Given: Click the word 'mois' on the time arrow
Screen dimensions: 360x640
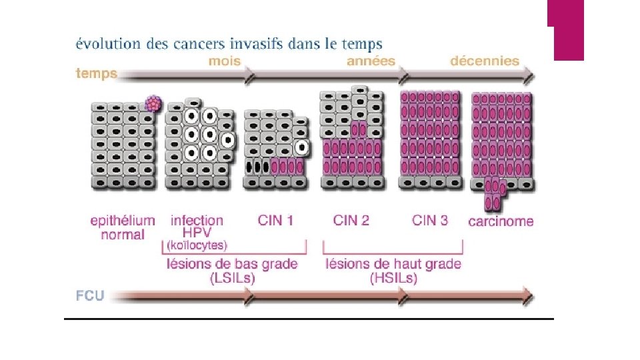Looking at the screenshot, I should point(224,61).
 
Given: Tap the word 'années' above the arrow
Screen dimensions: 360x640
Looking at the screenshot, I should point(371,61).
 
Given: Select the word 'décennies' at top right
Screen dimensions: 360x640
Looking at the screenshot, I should point(485,61).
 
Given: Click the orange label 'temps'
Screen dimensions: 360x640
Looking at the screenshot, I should point(97,74).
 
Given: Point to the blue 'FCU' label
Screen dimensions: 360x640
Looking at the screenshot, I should point(90,295).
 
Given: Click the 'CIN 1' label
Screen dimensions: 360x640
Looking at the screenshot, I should point(275,220).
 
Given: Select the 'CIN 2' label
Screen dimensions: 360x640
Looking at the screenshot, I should point(351,220).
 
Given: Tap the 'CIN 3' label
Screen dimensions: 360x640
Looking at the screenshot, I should point(430,220).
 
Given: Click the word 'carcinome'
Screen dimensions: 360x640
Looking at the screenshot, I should point(501,221).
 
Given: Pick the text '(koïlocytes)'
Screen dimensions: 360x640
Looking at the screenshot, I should point(196,245).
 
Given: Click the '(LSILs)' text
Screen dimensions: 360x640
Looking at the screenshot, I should point(231,279).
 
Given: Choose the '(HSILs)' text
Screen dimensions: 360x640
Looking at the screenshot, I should point(393,279).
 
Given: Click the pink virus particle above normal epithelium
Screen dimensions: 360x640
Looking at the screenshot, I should point(154,103).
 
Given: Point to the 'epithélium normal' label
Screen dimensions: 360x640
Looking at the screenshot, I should point(123,227).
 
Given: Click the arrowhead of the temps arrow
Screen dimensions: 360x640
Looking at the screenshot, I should point(528,75).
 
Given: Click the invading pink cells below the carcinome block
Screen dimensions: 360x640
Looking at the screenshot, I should point(494,195).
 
